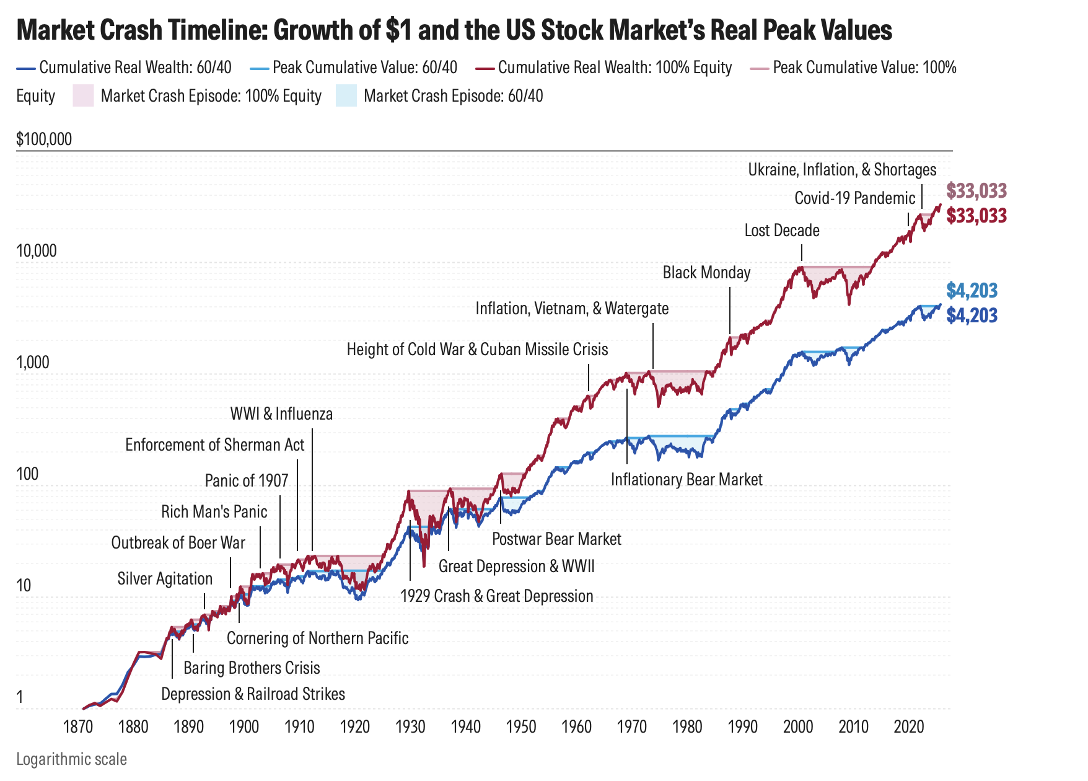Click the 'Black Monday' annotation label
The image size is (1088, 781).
click(706, 273)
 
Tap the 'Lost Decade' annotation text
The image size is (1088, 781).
click(782, 231)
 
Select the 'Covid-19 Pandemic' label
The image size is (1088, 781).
click(854, 198)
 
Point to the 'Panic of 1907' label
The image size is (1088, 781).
click(247, 481)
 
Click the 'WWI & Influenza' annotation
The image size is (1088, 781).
click(281, 414)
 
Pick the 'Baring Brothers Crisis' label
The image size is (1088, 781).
click(252, 668)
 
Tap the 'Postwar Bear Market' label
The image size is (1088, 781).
click(556, 539)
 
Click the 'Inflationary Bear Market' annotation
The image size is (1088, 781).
click(687, 480)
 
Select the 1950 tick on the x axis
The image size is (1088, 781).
click(521, 726)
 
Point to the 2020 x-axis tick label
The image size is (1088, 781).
click(909, 726)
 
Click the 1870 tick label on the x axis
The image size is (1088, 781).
click(79, 726)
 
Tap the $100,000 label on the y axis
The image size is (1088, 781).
click(44, 139)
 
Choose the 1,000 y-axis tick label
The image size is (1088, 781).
click(33, 363)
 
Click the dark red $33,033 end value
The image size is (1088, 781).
click(976, 216)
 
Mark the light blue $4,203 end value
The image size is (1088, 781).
click(972, 291)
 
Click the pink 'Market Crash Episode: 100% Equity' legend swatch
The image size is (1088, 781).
click(83, 96)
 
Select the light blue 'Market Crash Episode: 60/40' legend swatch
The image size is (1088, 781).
click(346, 96)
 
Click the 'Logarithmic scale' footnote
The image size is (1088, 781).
click(71, 759)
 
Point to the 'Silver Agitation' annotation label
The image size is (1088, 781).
click(165, 579)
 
